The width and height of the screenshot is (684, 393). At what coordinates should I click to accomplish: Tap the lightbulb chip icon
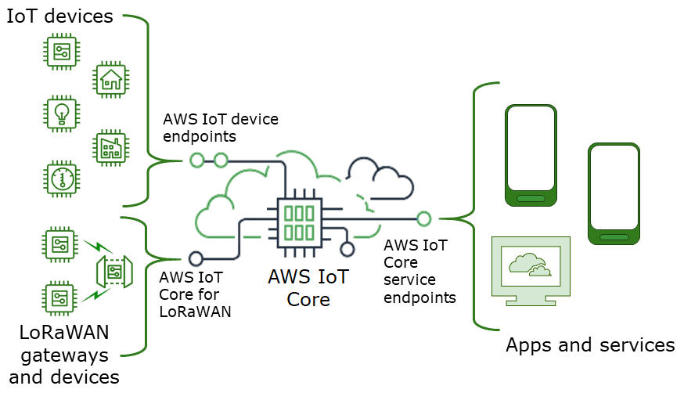(60, 114)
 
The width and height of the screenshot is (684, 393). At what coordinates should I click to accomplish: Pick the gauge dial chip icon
(60, 178)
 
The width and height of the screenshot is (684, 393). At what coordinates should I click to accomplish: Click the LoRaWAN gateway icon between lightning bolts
(113, 272)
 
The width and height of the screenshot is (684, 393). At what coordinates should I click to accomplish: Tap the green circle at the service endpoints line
(423, 218)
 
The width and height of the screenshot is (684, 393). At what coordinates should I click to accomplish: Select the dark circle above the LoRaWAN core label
(196, 258)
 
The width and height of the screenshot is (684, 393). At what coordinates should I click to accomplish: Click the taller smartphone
(531, 157)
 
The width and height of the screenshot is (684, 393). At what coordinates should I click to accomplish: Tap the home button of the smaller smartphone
(614, 235)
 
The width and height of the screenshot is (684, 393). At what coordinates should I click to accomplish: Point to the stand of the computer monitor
(531, 301)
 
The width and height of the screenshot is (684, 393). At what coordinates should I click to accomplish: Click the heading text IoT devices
(60, 16)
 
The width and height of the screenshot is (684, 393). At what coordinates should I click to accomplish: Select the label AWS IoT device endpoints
(220, 128)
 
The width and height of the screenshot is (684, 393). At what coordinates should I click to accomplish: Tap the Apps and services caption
(590, 344)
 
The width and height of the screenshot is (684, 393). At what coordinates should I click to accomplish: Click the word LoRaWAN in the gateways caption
(64, 333)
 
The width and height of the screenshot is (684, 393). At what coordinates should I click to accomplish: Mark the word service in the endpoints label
(410, 279)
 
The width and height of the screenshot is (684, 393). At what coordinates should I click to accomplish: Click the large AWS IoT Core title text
(308, 287)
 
